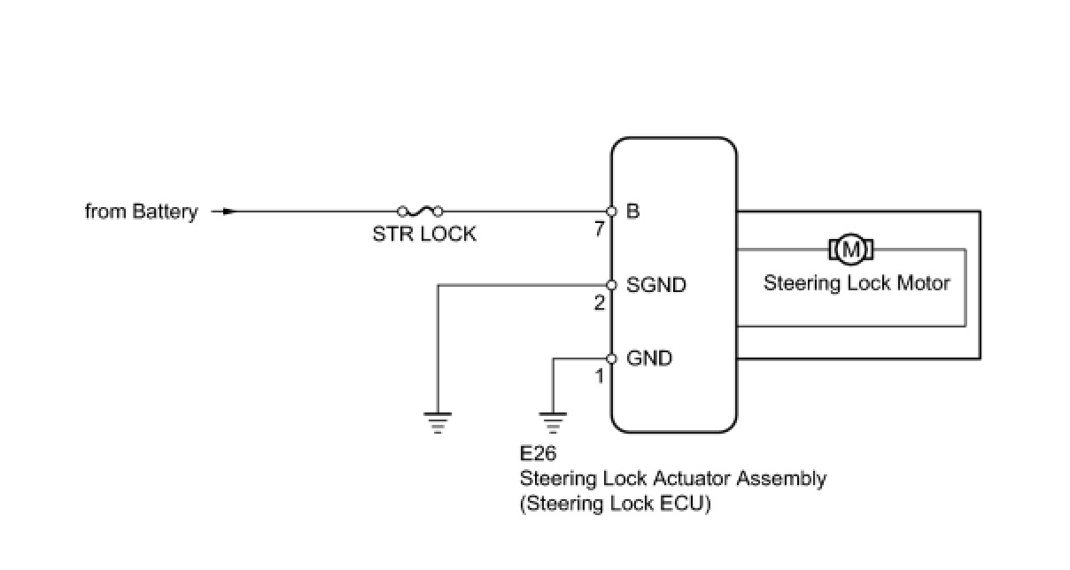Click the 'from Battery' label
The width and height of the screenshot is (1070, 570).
coord(141,212)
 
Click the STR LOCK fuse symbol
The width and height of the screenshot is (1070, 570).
coord(420,211)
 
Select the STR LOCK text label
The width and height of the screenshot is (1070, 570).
coord(424,235)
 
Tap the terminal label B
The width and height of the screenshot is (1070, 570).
coord(633,212)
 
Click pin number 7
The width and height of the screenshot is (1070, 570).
coord(600,229)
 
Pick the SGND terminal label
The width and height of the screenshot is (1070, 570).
coord(656,285)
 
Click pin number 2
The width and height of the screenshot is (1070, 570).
coord(600,303)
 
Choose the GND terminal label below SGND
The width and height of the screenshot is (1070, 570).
coord(649,358)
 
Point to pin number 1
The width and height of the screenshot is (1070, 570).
coord(600,376)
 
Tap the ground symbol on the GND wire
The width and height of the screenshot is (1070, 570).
coord(554,422)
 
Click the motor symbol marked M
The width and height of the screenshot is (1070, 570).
coord(851,250)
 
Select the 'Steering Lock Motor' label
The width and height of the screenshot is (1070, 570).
coord(857,283)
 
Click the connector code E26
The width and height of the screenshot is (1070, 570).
coord(539,455)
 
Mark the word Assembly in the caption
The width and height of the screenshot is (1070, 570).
coord(781,479)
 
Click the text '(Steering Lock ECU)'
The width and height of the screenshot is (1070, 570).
coord(616,505)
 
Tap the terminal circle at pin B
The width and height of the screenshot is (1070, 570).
coord(611,212)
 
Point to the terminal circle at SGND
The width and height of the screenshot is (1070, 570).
coord(611,285)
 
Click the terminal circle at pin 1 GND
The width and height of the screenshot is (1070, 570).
coord(611,358)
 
